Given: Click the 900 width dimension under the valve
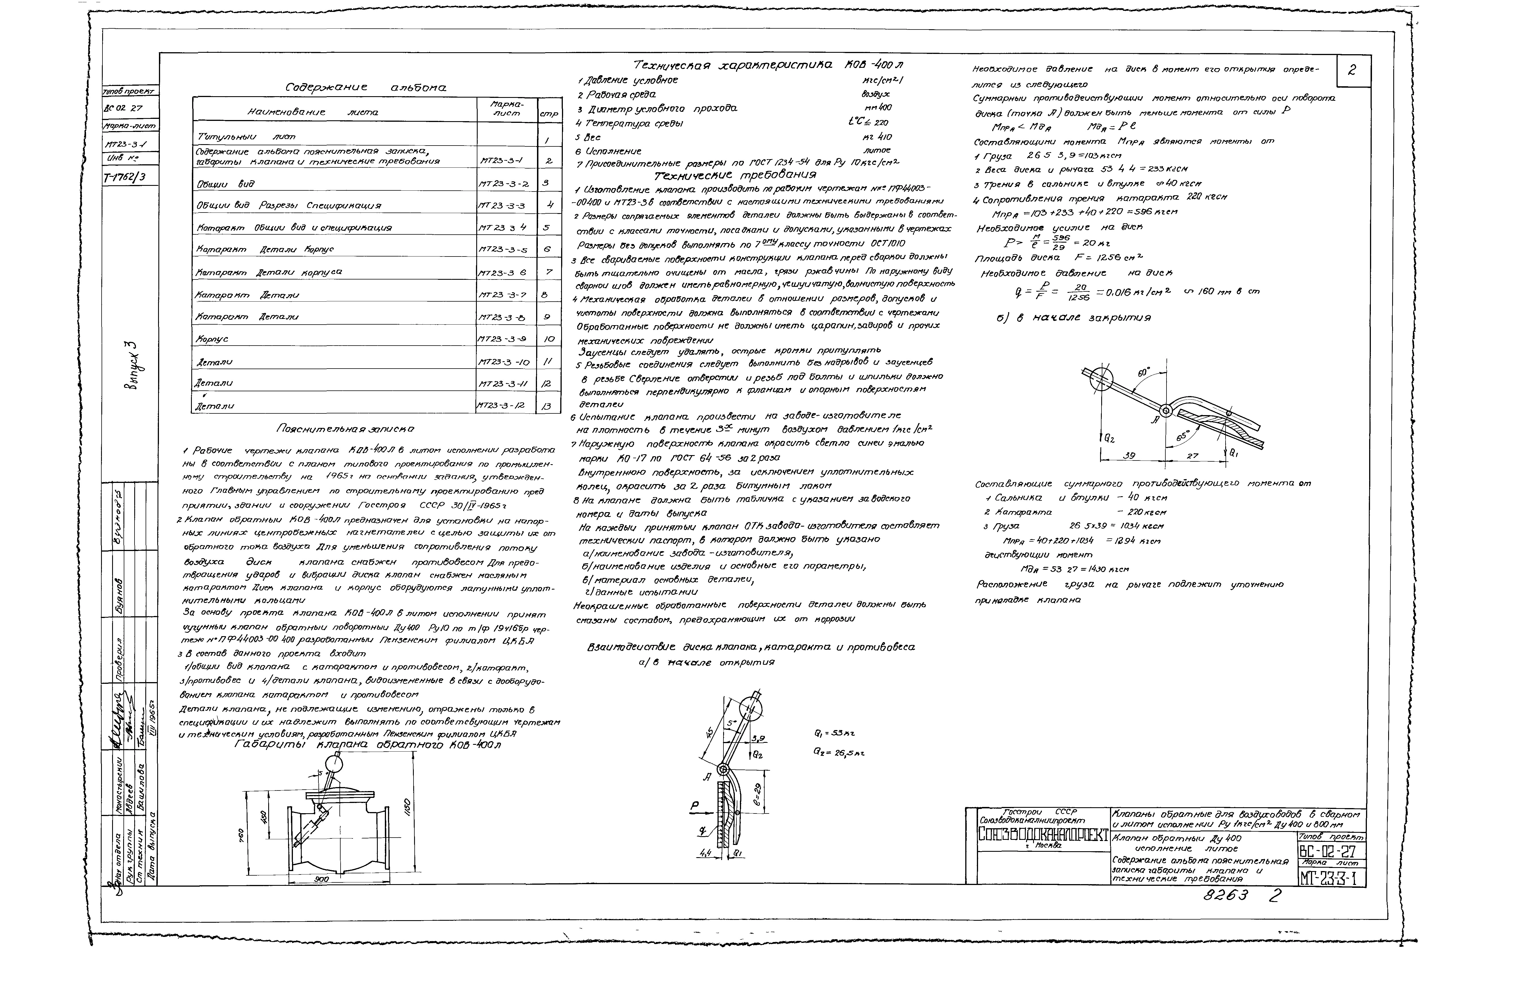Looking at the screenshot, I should [321, 879].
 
